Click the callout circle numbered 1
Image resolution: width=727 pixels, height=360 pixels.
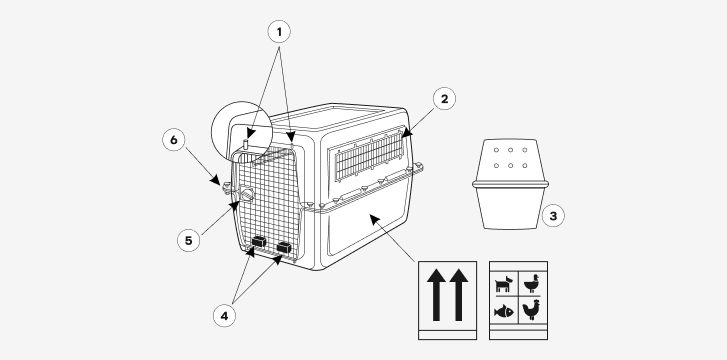(x=279, y=32)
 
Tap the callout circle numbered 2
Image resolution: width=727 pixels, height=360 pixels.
(x=445, y=99)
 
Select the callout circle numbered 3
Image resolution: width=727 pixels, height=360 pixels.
(x=553, y=215)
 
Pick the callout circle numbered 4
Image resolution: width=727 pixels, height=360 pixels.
(x=224, y=316)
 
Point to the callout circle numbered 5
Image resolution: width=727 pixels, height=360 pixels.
(x=189, y=240)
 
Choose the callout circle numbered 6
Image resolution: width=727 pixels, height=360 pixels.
(x=174, y=140)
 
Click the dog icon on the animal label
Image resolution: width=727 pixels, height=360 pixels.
(x=504, y=283)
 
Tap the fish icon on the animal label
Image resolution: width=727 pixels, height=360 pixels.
(x=504, y=311)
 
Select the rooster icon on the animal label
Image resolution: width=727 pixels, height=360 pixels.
(x=531, y=310)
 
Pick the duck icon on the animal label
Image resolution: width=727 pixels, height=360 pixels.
(x=532, y=283)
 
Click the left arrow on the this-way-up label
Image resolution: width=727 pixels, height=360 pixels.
(x=436, y=295)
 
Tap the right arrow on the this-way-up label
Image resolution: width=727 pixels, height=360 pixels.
(x=459, y=295)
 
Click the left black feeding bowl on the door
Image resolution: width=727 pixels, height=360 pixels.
(x=259, y=241)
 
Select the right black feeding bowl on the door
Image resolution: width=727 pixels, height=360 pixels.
(x=284, y=247)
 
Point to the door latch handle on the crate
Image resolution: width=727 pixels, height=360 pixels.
(x=246, y=194)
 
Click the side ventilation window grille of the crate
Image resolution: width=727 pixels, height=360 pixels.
(x=369, y=155)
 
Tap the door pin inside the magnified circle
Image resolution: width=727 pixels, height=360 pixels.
(x=246, y=143)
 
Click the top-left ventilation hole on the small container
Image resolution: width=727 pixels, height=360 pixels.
(x=496, y=150)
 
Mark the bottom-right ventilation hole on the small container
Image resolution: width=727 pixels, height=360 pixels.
(x=524, y=166)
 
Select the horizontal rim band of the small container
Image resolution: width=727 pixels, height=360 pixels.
(x=510, y=184)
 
